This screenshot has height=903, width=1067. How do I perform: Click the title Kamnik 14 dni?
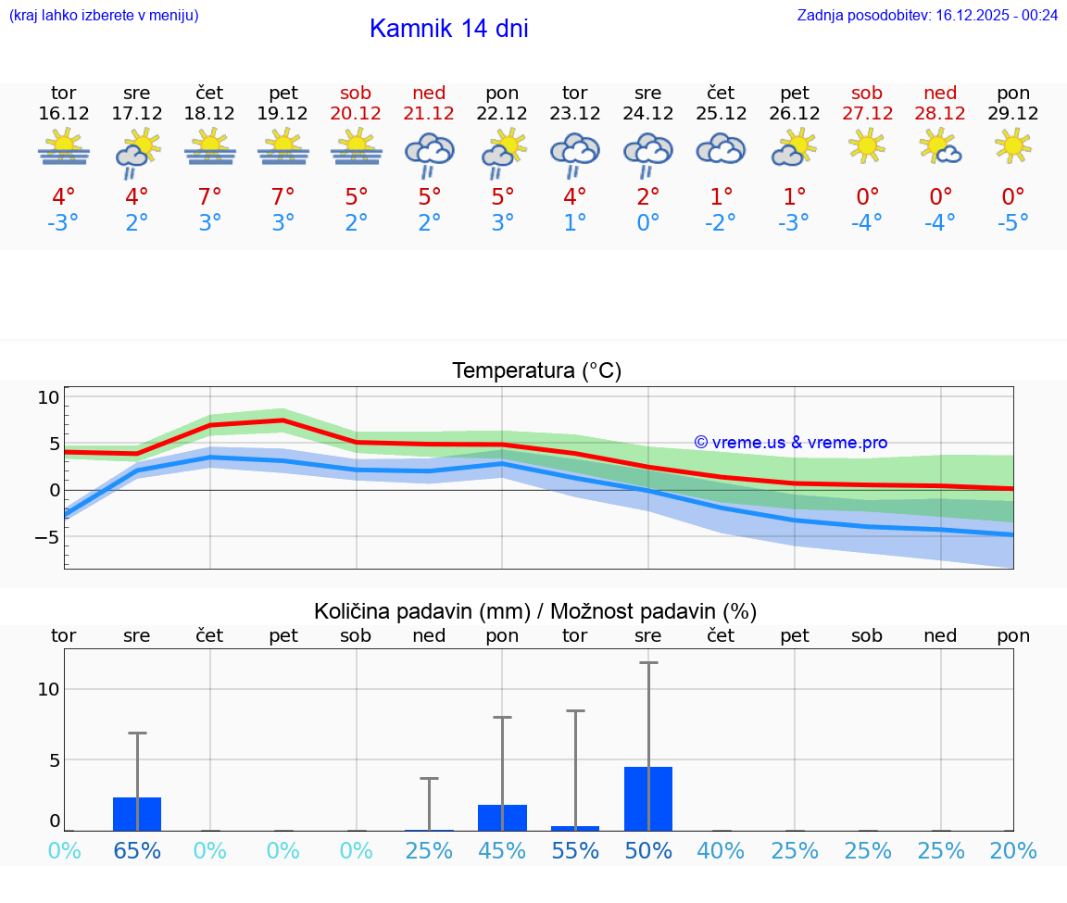pyautogui.click(x=448, y=29)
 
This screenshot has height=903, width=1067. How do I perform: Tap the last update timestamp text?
pyautogui.click(x=927, y=16)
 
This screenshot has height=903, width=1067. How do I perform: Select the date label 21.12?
pyautogui.click(x=429, y=113)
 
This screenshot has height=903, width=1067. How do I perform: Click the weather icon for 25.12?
pyautogui.click(x=721, y=149)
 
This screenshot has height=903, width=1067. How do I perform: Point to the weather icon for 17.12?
pyautogui.click(x=137, y=152)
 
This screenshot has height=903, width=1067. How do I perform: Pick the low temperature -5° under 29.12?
pyautogui.click(x=1013, y=223)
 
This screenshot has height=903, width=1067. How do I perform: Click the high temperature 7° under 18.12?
pyautogui.click(x=210, y=196)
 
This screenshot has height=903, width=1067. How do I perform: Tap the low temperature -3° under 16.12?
pyautogui.click(x=64, y=223)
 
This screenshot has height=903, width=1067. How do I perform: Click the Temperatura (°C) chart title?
pyautogui.click(x=536, y=371)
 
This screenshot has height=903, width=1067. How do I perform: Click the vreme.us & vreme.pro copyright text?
pyautogui.click(x=790, y=443)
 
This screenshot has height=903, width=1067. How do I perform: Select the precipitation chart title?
pyautogui.click(x=535, y=611)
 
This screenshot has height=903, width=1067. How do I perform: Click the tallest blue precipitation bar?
pyautogui.click(x=648, y=798)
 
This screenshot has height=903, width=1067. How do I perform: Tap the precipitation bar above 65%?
pyautogui.click(x=137, y=814)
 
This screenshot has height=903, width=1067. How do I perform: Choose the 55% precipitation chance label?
pyautogui.click(x=575, y=850)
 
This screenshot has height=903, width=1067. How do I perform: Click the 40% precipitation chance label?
pyautogui.click(x=721, y=850)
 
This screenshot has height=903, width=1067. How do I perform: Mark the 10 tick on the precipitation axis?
pyautogui.click(x=48, y=689)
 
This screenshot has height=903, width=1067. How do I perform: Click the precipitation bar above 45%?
pyautogui.click(x=502, y=818)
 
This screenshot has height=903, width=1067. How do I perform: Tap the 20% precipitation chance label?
pyautogui.click(x=1013, y=850)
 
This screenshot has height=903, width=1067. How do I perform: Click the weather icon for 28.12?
pyautogui.click(x=940, y=147)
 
